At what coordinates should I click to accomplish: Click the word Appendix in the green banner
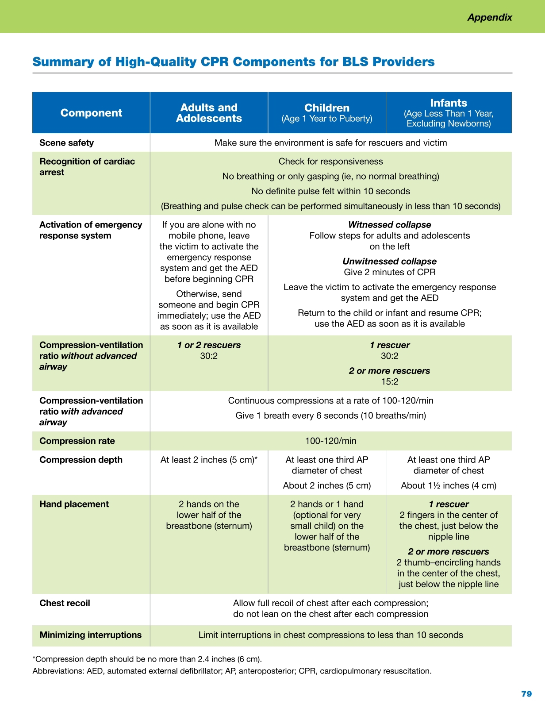(490, 17)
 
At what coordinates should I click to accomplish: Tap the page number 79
(526, 694)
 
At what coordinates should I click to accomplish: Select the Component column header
(91, 113)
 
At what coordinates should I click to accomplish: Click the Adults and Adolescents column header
(209, 113)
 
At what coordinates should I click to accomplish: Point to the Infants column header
(449, 103)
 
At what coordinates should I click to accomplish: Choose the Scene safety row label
(66, 142)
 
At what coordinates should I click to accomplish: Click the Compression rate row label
(77, 441)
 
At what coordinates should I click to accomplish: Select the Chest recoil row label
(65, 603)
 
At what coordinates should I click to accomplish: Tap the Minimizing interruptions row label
(90, 635)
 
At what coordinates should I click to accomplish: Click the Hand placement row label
(74, 504)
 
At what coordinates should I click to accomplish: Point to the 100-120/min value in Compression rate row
(330, 441)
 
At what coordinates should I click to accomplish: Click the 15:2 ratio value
(389, 382)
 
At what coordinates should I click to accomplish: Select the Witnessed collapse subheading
(389, 225)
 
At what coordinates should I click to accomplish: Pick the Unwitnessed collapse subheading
(389, 262)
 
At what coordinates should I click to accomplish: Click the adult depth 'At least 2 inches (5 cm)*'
(209, 460)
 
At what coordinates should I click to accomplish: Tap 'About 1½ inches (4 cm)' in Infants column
(449, 485)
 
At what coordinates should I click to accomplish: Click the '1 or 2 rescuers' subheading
(209, 345)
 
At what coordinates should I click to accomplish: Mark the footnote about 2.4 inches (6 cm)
(147, 659)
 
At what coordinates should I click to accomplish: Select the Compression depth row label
(81, 460)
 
